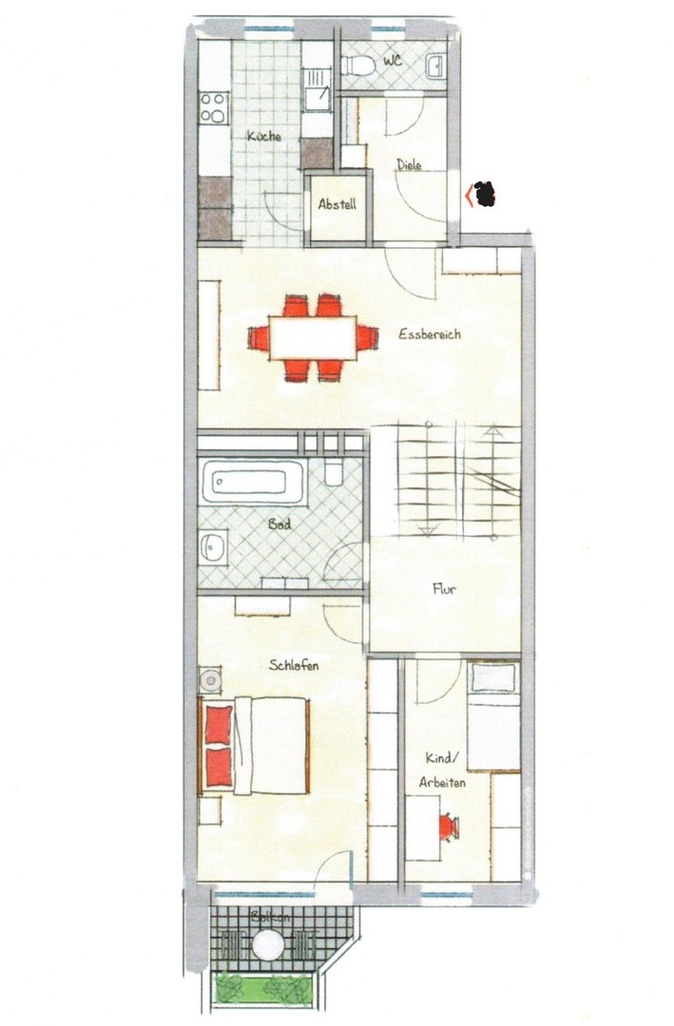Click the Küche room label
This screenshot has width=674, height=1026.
point(263,137)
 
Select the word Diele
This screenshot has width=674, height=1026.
point(409,165)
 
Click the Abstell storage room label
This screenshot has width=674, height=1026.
point(337,204)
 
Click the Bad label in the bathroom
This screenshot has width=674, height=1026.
point(279,523)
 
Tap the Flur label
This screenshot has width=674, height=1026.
point(443,589)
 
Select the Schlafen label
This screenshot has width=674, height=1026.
point(294,665)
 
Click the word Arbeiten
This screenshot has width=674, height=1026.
point(441,782)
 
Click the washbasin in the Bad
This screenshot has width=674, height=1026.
point(213,546)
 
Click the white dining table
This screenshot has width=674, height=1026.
point(312,337)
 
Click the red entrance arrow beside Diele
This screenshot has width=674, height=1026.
point(468,197)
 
